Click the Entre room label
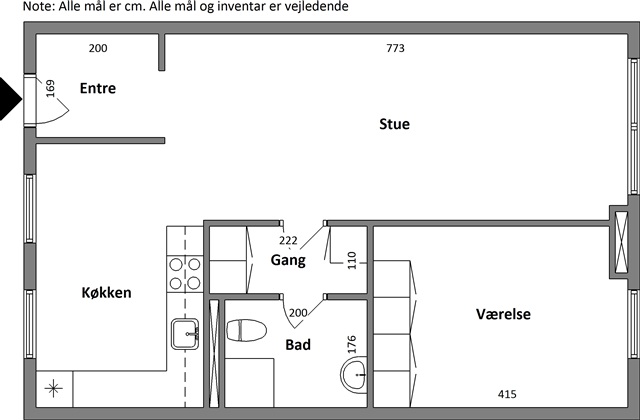pyautogui.click(x=98, y=88)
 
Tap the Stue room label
pyautogui.click(x=394, y=124)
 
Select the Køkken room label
pyautogui.click(x=107, y=293)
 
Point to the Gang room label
pyautogui.click(x=288, y=260)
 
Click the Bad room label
pyautogui.click(x=298, y=345)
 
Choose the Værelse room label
pyautogui.click(x=503, y=314)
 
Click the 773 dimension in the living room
pyautogui.click(x=396, y=48)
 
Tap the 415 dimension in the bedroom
pyautogui.click(x=507, y=394)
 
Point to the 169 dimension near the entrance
pyautogui.click(x=50, y=89)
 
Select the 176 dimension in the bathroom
pyautogui.click(x=352, y=344)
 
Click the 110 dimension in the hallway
pyautogui.click(x=352, y=260)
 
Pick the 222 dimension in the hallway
pyautogui.click(x=288, y=240)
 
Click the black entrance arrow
pyautogui.click(x=10, y=99)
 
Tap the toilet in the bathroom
pyautogui.click(x=247, y=330)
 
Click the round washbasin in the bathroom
pyautogui.click(x=354, y=375)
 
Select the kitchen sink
pyautogui.click(x=185, y=334)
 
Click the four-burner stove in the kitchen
pyautogui.click(x=185, y=274)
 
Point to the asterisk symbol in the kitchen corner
pyautogui.click(x=53, y=389)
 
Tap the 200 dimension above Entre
pyautogui.click(x=98, y=48)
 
